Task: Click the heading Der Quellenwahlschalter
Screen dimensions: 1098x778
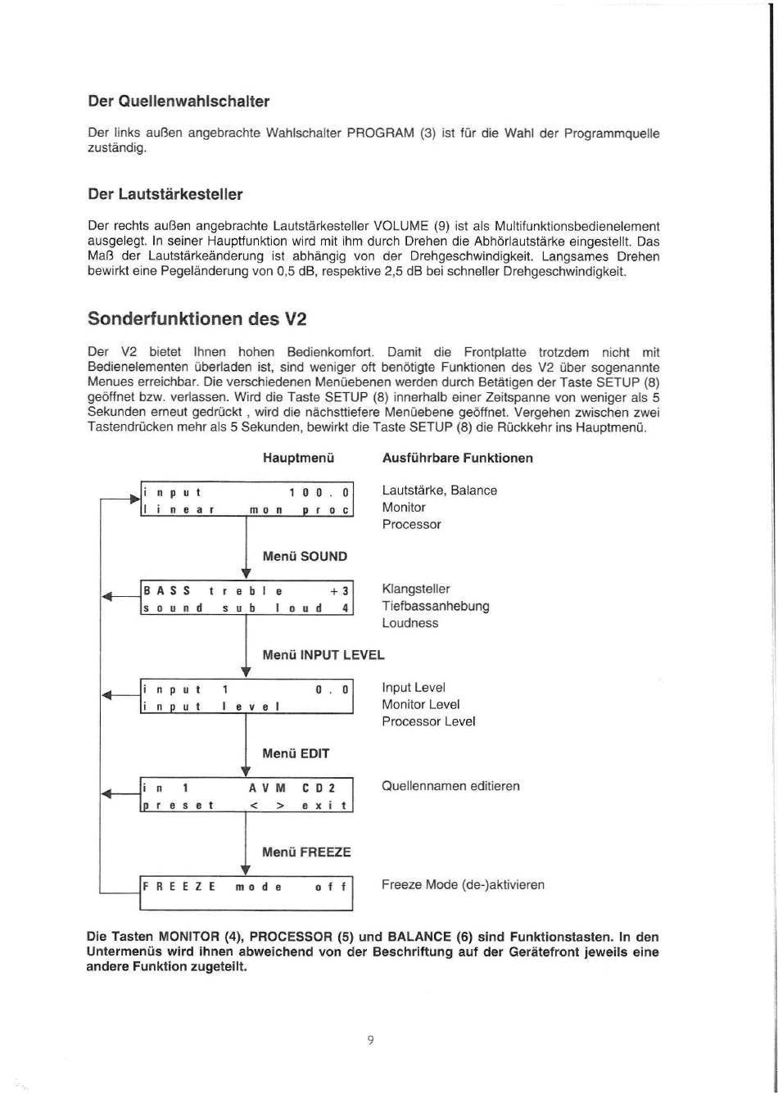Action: click(x=179, y=102)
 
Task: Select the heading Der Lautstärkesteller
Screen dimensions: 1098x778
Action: click(x=165, y=194)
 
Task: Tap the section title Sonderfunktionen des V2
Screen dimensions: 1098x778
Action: click(x=191, y=318)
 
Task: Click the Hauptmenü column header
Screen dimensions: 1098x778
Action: click(x=299, y=458)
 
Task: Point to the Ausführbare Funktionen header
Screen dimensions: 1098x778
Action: click(x=458, y=458)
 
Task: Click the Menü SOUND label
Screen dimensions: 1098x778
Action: click(x=305, y=556)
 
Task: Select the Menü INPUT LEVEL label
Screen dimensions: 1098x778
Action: click(x=323, y=654)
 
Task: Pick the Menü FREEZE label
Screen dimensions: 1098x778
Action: click(x=306, y=852)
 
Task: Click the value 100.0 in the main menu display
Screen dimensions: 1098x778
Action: click(x=319, y=493)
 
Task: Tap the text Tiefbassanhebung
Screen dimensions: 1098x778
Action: click(x=436, y=606)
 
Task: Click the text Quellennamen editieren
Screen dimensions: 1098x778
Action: click(x=450, y=786)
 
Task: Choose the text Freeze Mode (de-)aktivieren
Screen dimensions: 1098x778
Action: click(x=463, y=885)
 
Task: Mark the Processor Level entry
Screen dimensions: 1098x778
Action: click(x=428, y=721)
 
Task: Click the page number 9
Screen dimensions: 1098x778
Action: click(x=370, y=1041)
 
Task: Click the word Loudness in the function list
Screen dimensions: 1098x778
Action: click(x=410, y=623)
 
